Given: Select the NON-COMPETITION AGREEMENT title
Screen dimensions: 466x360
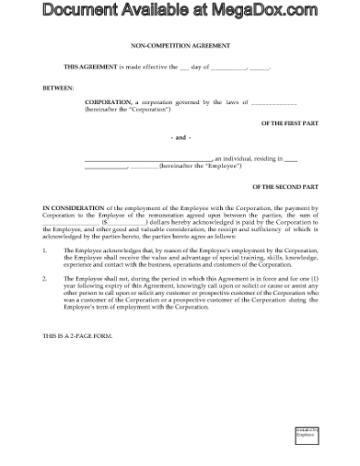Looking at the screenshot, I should tap(180, 45).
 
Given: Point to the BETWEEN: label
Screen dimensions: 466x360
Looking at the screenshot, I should tap(58, 89).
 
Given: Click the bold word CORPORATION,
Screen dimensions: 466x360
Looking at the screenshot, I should tap(108, 102).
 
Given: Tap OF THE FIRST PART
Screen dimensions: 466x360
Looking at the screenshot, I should tap(289, 123).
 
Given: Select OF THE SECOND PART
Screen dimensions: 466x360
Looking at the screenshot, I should tap(285, 186).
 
